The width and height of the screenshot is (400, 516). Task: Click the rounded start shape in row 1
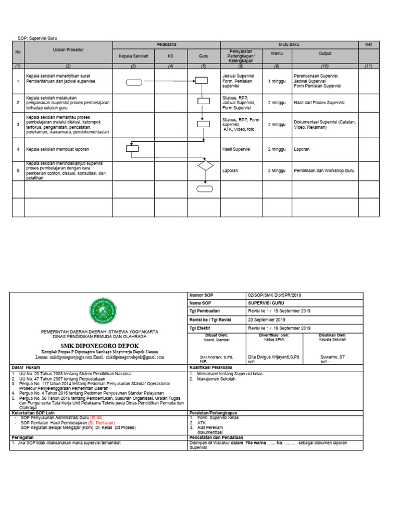[133, 81]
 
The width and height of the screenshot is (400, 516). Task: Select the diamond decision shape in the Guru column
[205, 166]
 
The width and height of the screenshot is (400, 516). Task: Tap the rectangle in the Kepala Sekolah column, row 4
[132, 149]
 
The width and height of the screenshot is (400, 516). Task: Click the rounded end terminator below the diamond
[205, 188]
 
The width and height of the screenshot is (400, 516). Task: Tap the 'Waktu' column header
[277, 53]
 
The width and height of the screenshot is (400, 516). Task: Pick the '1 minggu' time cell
[277, 81]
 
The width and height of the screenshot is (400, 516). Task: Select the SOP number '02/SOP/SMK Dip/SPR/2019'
[274, 295]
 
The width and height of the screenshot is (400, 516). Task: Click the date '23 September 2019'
[267, 320]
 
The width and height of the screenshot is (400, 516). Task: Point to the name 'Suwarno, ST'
[332, 357]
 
